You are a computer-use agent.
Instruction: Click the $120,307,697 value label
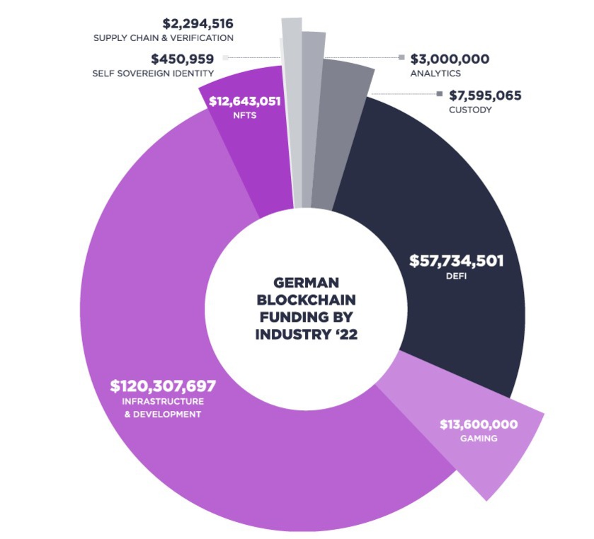click(x=163, y=386)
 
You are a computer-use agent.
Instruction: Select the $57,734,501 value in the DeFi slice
click(x=457, y=261)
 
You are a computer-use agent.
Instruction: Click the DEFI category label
click(x=457, y=277)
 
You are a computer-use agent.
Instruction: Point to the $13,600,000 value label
click(x=479, y=424)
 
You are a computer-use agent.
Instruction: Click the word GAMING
click(x=479, y=439)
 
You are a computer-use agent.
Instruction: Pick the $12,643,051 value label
click(x=245, y=101)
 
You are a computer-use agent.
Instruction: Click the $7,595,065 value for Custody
click(x=485, y=95)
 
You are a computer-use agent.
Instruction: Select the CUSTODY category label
click(x=470, y=110)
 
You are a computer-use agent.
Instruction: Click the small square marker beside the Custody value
click(x=440, y=94)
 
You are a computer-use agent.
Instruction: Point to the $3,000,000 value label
click(x=450, y=59)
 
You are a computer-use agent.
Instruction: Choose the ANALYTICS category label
click(x=435, y=73)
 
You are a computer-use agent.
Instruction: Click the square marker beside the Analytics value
click(x=402, y=57)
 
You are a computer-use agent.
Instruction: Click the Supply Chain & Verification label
click(x=164, y=37)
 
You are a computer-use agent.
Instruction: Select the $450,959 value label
click(x=182, y=59)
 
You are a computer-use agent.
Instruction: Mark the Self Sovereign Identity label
click(x=154, y=73)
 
